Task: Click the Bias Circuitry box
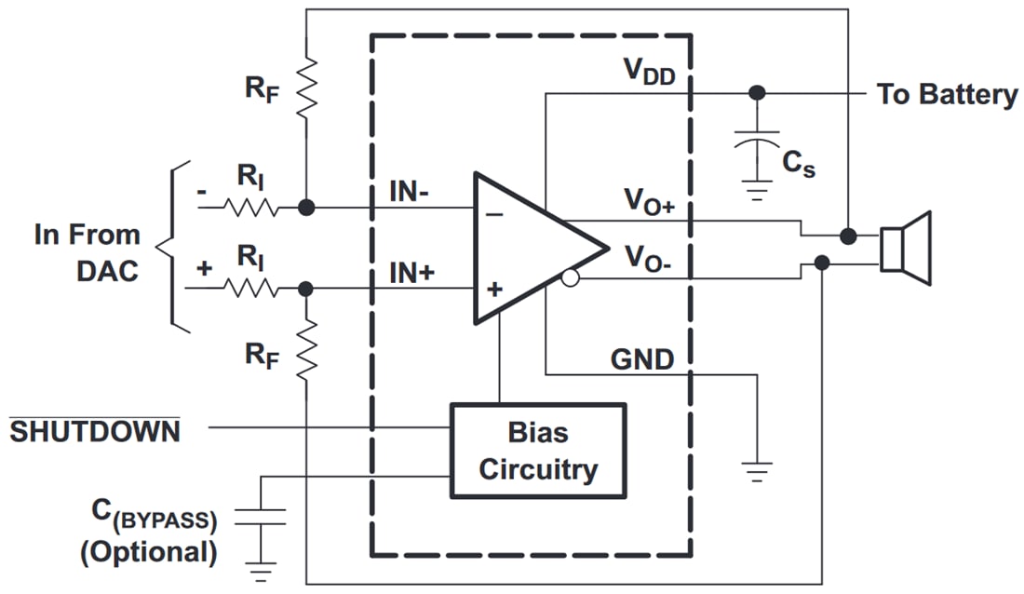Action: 537,451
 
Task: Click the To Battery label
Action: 946,94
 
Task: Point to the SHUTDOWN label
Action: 95,431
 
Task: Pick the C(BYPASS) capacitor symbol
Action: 260,517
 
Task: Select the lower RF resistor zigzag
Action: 306,350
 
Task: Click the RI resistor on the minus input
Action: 249,209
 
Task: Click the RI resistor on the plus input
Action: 249,289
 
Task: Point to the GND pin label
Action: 641,358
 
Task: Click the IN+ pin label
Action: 411,274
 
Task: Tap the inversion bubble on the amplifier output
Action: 571,277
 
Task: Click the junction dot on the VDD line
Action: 757,93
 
